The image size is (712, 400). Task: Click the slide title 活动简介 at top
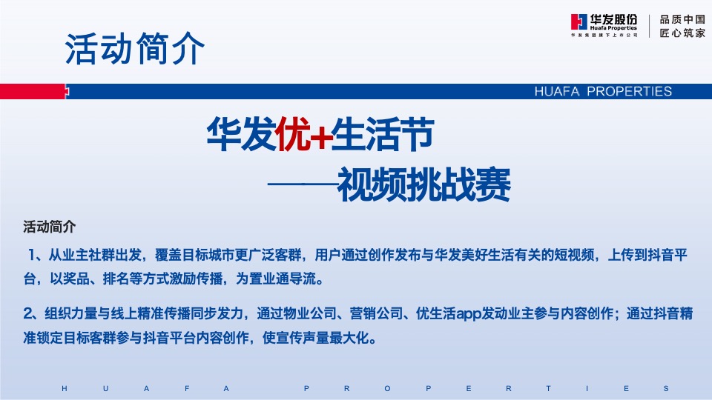pos(134,49)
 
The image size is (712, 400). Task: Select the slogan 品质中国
pos(682,19)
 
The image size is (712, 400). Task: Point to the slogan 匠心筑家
pos(682,33)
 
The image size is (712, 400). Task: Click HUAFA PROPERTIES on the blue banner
pos(603,92)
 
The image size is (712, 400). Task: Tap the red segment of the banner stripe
pos(33,91)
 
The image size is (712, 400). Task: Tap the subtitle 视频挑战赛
pos(424,184)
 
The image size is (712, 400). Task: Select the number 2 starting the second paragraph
pos(28,314)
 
